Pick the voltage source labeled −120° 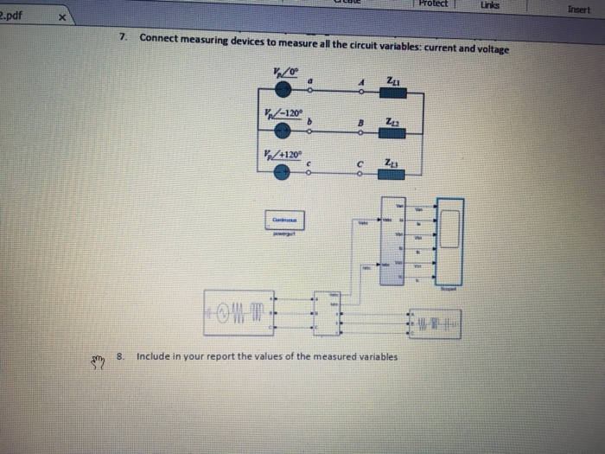[282, 131]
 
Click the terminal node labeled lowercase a [310, 91]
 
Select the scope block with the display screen [449, 240]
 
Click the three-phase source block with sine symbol [239, 310]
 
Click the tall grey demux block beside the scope [400, 242]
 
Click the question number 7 [124, 38]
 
